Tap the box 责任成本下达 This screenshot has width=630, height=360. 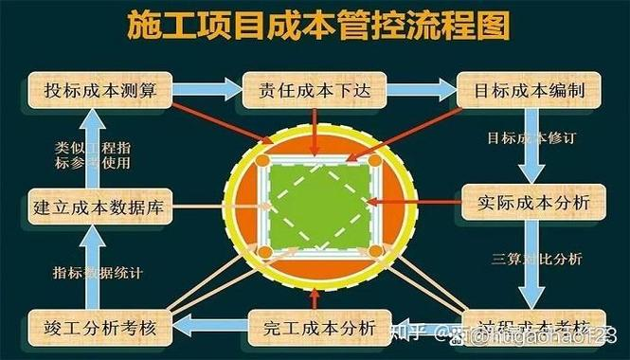pos(315,92)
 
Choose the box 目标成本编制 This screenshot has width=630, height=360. pos(528,92)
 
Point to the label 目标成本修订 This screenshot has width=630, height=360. pos(531,139)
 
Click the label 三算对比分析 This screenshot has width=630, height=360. pos(536,258)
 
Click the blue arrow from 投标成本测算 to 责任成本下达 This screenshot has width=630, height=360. pos(207,91)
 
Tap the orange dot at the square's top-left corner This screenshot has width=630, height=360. pos(266,161)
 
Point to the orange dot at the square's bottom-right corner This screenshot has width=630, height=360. pos(376,251)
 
